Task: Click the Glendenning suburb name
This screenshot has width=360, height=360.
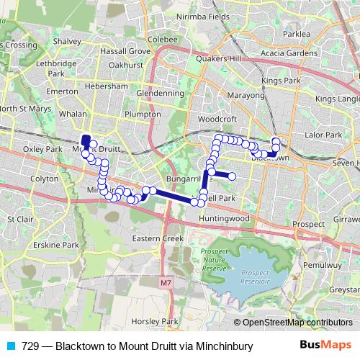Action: point(160,94)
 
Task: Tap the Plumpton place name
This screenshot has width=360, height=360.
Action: point(142,114)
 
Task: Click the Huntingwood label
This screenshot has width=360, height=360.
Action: point(224,218)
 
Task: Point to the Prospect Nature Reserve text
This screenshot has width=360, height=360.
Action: point(214,258)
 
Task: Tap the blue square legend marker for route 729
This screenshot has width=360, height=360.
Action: point(11,346)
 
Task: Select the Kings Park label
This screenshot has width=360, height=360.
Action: point(281,81)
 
